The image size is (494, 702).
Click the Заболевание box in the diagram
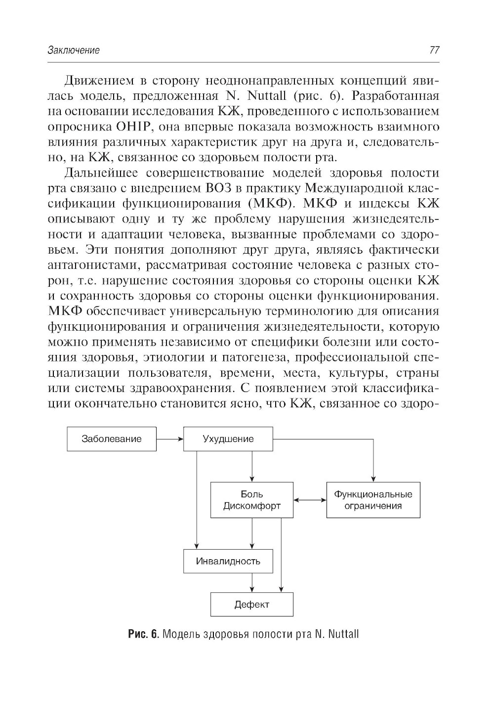(x=112, y=439)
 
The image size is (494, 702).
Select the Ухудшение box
(x=228, y=439)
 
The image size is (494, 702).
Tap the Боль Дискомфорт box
(x=252, y=500)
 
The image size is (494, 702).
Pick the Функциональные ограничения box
(x=373, y=500)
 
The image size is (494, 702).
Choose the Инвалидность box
(x=228, y=561)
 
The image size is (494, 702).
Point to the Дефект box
(x=252, y=604)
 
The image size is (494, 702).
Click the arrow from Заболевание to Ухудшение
(x=170, y=439)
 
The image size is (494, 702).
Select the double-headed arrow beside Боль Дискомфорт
(x=310, y=500)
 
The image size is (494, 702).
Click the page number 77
(x=434, y=50)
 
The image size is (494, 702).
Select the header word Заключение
(x=74, y=50)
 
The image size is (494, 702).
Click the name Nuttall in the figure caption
(x=343, y=634)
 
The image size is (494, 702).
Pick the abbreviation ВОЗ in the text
(x=215, y=188)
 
